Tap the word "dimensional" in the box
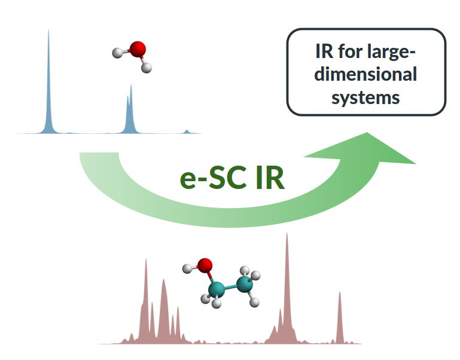[366, 75]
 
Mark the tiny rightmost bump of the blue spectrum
[187, 130]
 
